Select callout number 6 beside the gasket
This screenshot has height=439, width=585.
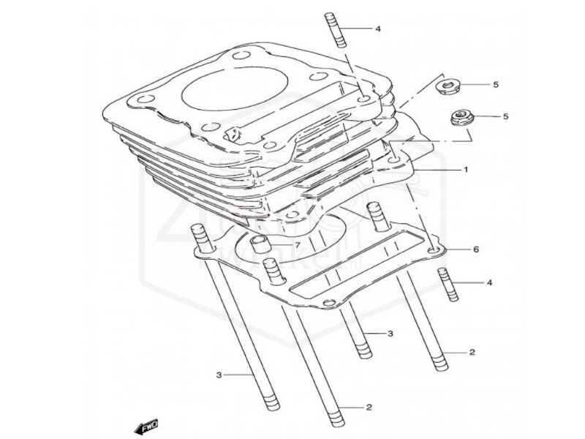476,249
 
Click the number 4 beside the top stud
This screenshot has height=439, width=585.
379,29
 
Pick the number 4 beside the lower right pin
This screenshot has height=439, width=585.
489,282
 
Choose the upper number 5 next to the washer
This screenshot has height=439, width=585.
495,86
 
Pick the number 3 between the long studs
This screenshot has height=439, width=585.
390,334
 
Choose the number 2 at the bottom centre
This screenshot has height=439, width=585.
369,407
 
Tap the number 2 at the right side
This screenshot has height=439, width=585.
472,352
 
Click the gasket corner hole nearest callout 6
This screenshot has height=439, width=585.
436,251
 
